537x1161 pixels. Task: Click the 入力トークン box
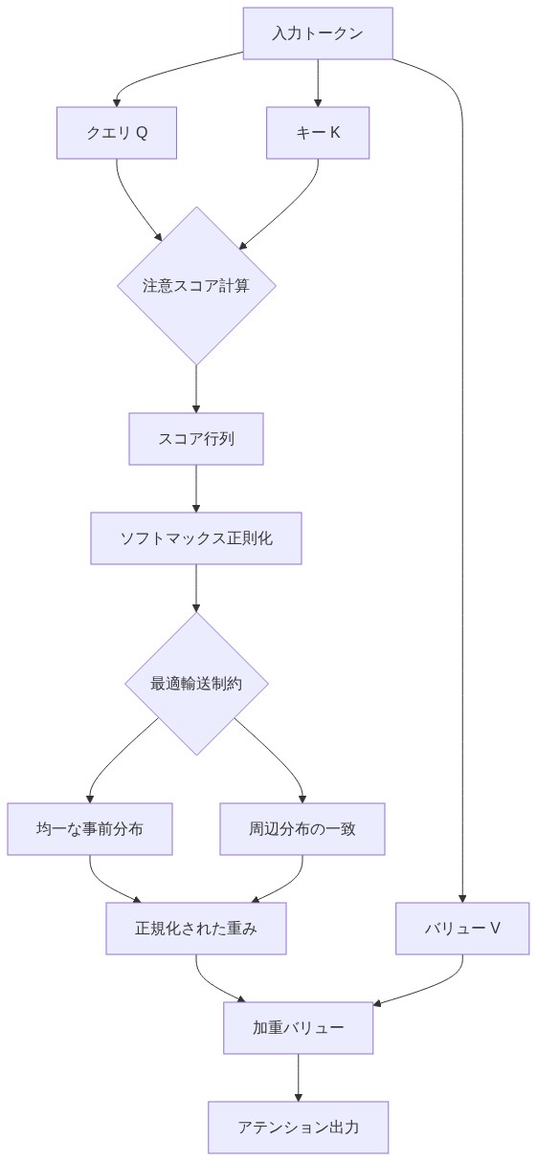click(317, 33)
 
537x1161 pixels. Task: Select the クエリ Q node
click(117, 133)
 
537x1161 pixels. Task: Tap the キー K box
click(317, 133)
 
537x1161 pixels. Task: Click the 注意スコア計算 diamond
click(196, 285)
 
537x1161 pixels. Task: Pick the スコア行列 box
click(196, 439)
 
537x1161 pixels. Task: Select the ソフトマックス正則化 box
click(196, 538)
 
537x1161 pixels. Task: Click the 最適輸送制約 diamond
click(196, 684)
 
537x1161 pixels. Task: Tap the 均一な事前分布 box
click(90, 829)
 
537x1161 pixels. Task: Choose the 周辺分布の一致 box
click(302, 829)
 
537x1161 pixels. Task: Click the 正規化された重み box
click(196, 929)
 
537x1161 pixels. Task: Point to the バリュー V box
click(462, 929)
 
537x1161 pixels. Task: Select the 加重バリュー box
click(298, 1028)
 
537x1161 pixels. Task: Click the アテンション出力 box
click(298, 1128)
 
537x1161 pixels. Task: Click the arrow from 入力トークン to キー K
click(317, 82)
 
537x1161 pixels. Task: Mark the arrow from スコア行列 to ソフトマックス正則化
click(196, 489)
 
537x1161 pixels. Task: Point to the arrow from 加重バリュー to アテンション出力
click(298, 1078)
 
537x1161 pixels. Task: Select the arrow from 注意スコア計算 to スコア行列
click(196, 388)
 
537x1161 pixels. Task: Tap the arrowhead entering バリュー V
click(462, 899)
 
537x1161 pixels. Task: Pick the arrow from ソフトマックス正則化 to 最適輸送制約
click(196, 587)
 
